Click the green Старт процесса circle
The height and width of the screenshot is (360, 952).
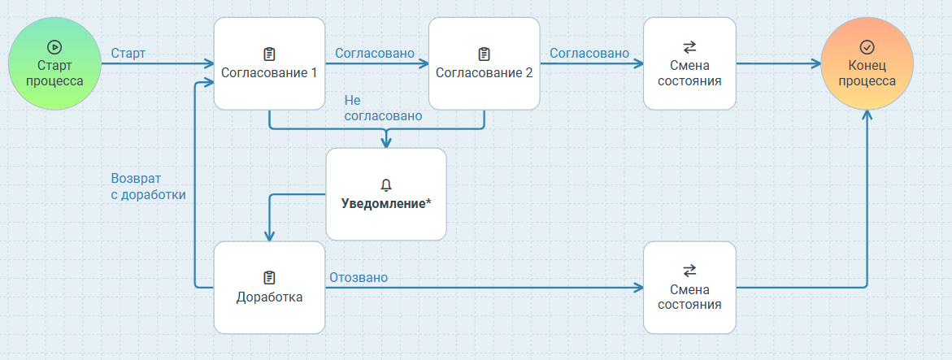click(x=55, y=63)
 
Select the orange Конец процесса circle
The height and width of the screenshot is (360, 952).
click(x=867, y=63)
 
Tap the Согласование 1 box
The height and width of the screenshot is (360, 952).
click(x=269, y=63)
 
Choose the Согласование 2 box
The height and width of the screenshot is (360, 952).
click(x=484, y=63)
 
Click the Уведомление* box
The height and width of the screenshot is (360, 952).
click(x=386, y=194)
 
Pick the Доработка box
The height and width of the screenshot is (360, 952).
click(x=269, y=288)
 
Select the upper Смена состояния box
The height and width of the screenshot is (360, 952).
click(x=689, y=63)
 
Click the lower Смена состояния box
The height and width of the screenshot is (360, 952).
click(x=689, y=288)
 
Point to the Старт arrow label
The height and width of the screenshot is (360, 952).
click(x=128, y=54)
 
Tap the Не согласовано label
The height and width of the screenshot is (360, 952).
click(x=383, y=109)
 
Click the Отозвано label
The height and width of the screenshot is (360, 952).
click(x=358, y=278)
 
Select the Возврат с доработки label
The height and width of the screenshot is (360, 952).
click(x=148, y=186)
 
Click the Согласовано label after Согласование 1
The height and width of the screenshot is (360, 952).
click(x=375, y=54)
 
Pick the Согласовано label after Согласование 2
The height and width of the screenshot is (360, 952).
click(x=589, y=54)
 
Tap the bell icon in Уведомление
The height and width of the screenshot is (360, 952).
click(x=386, y=185)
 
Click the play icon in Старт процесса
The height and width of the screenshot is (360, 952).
click(x=55, y=47)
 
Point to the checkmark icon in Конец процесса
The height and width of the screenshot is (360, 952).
click(x=867, y=47)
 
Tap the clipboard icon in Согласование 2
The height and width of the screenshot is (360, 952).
click(x=484, y=54)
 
